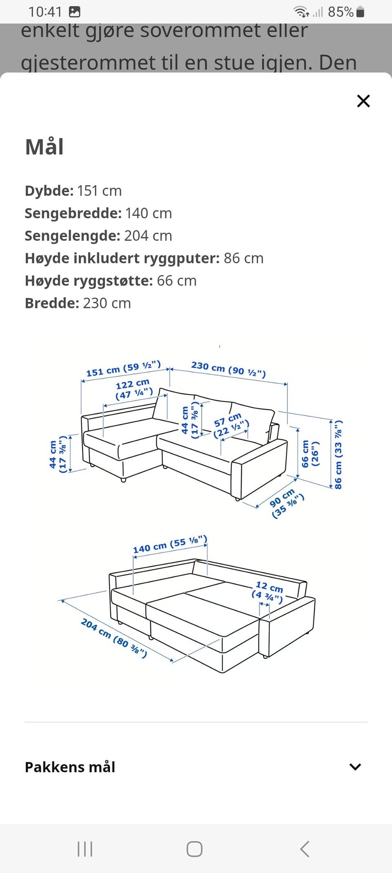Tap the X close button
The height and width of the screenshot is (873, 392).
pyautogui.click(x=363, y=101)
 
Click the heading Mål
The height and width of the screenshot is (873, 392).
pyautogui.click(x=45, y=147)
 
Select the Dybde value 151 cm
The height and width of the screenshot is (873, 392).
pyautogui.click(x=99, y=191)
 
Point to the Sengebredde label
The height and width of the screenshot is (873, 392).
pyautogui.click(x=73, y=213)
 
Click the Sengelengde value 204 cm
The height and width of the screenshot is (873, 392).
pyautogui.click(x=148, y=236)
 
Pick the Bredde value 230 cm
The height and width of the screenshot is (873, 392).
pyautogui.click(x=107, y=303)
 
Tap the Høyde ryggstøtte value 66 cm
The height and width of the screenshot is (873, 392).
pyautogui.click(x=176, y=281)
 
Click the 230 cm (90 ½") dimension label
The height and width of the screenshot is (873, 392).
pyautogui.click(x=228, y=369)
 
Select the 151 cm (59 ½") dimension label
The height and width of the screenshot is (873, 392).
pyautogui.click(x=123, y=369)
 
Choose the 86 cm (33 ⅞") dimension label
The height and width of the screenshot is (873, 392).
pyautogui.click(x=338, y=454)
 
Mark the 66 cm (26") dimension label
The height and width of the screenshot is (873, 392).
pyautogui.click(x=310, y=453)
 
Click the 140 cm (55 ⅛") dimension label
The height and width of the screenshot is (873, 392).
pyautogui.click(x=170, y=545)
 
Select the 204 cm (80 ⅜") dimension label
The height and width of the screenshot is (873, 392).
pyautogui.click(x=114, y=638)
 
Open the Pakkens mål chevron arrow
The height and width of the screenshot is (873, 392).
pyautogui.click(x=355, y=767)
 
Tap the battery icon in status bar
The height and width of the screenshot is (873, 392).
pyautogui.click(x=360, y=12)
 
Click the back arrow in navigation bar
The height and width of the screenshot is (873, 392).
pyautogui.click(x=305, y=849)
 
